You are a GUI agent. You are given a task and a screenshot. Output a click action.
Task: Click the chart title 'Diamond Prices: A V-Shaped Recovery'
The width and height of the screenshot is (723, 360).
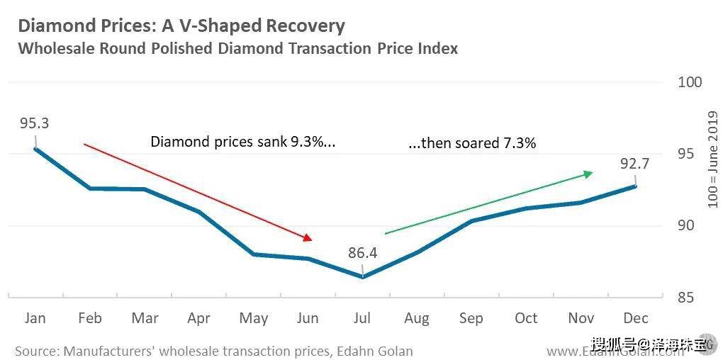(x=181, y=27)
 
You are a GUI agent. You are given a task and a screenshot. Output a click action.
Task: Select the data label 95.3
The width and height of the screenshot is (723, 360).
(x=34, y=123)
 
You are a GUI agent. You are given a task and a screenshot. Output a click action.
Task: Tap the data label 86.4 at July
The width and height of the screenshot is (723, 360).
(x=361, y=252)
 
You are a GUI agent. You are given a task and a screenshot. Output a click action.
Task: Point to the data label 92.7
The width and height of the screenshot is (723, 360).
(x=634, y=164)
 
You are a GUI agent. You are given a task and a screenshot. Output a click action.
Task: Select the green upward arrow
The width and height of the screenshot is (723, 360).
(x=488, y=202)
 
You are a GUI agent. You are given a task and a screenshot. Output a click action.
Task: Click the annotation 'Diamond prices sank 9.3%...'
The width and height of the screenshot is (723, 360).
(x=242, y=142)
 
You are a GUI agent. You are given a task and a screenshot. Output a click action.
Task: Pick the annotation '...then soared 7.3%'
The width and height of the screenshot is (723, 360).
(x=472, y=143)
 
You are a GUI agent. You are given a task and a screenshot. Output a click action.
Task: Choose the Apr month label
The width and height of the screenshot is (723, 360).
(x=198, y=318)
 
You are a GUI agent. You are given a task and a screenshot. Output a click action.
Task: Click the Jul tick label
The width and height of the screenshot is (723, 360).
(x=362, y=318)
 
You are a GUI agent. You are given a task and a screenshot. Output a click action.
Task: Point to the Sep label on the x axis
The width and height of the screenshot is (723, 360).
(x=471, y=318)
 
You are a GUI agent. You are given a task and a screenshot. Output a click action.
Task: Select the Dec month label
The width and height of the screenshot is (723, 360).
(x=635, y=318)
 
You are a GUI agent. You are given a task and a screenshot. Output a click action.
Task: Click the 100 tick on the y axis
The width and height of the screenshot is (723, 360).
(x=690, y=82)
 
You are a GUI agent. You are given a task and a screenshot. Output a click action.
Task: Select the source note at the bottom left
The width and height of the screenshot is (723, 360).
(x=213, y=351)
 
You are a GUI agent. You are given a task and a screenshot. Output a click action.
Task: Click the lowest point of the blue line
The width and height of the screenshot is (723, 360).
(x=362, y=276)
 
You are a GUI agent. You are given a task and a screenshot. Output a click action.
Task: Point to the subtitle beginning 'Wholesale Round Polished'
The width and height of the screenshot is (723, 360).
(x=237, y=49)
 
